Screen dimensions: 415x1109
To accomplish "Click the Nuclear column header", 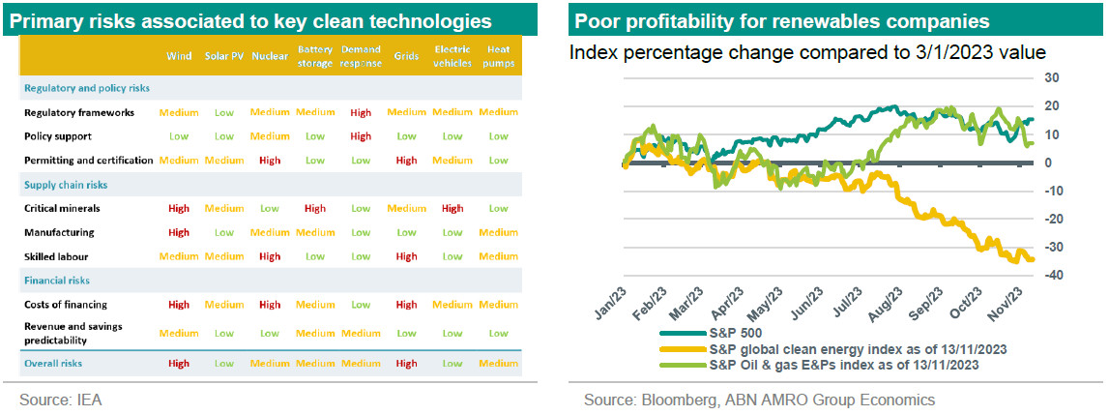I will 269,56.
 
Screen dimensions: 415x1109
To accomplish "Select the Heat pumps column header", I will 498,56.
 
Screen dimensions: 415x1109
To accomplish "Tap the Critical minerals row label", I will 62,208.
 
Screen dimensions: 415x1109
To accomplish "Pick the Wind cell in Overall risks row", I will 179,364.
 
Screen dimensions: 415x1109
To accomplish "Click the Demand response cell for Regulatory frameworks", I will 361,112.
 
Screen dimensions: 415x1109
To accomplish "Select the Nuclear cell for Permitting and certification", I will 270,160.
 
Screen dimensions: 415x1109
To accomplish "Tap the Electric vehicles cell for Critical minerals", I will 452,208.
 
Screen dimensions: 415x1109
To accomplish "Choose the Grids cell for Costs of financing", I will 406,305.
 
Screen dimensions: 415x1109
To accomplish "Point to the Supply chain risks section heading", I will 66,184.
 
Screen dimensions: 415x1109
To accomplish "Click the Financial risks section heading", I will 57,281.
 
